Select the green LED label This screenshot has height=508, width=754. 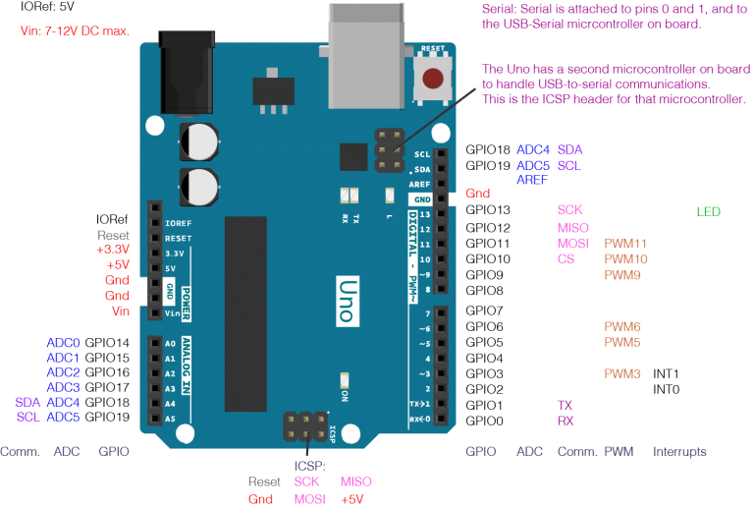coord(708,211)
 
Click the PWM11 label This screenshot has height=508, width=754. coord(625,244)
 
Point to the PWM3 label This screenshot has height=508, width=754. coord(622,374)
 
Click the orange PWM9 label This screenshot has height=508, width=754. coord(622,276)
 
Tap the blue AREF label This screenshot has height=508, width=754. coord(532,181)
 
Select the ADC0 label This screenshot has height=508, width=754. coord(63,343)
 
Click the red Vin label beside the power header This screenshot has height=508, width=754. coord(120,311)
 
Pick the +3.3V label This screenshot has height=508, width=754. coord(113,251)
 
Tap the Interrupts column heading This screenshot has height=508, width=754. coord(679,452)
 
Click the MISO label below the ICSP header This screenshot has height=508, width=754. coord(355,482)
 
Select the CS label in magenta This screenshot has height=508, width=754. coord(565,259)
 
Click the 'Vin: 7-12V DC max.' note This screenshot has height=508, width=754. coord(75,31)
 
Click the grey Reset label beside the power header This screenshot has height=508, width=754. coord(114,236)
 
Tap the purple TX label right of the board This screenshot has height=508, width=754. coord(565,405)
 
